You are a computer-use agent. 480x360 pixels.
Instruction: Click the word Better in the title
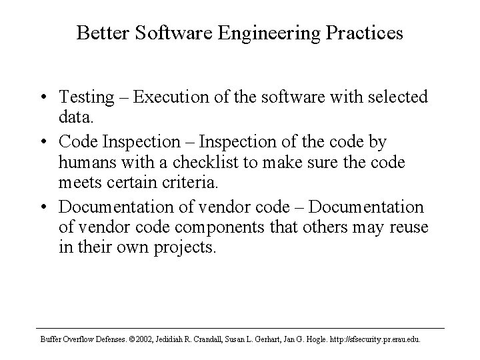click(103, 33)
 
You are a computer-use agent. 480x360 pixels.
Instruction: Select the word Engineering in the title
click(269, 33)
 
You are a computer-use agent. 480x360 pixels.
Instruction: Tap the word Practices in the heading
click(364, 33)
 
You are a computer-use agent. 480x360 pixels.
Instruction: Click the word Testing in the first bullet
click(87, 97)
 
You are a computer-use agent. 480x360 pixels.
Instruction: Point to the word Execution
click(171, 97)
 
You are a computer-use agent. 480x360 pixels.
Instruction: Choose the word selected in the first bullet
click(397, 97)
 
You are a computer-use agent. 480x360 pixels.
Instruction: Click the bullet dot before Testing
click(44, 97)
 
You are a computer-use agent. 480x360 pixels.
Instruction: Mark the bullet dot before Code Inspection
click(44, 142)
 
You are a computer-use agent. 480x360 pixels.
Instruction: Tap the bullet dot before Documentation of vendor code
click(44, 207)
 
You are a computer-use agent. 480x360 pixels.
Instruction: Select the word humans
click(87, 161)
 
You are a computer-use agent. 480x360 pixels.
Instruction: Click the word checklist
click(205, 161)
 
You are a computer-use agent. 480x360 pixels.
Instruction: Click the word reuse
click(409, 227)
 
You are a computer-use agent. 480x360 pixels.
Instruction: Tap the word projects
click(185, 247)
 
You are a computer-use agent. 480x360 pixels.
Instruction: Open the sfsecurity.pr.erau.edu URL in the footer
click(375, 339)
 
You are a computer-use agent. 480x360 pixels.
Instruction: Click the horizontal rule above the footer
click(240, 329)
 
